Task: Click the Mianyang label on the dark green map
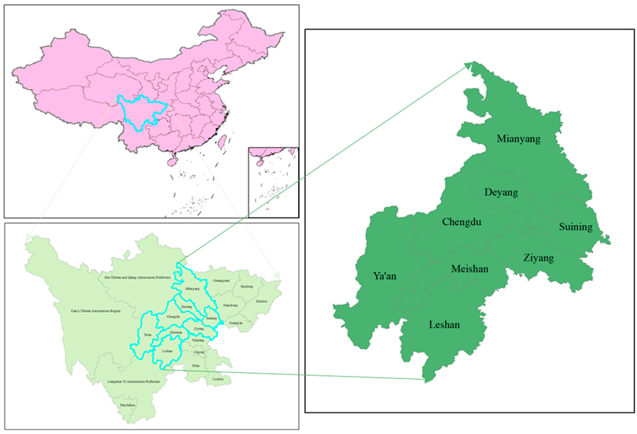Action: (x=519, y=139)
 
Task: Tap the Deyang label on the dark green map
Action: (x=501, y=192)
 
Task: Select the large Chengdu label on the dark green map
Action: (x=462, y=222)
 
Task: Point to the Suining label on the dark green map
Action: (x=576, y=227)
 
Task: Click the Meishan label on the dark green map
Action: (x=470, y=269)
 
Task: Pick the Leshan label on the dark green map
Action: (x=444, y=325)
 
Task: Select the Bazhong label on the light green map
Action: (x=247, y=286)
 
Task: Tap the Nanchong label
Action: (x=230, y=305)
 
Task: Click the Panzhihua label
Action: (x=127, y=405)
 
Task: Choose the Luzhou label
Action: (x=218, y=379)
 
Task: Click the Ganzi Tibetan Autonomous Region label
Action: (x=95, y=311)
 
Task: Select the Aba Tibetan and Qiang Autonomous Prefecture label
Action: (x=137, y=277)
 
